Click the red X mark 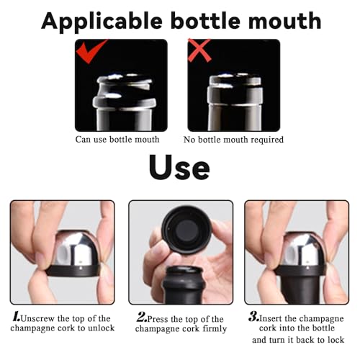(199, 50)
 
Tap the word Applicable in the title (102, 21)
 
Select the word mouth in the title (284, 21)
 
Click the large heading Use (179, 167)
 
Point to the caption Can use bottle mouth (117, 140)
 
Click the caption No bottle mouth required (233, 140)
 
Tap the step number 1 (17, 317)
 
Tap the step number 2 (142, 318)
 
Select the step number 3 (253, 317)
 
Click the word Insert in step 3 (270, 318)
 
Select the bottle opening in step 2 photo (184, 271)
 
